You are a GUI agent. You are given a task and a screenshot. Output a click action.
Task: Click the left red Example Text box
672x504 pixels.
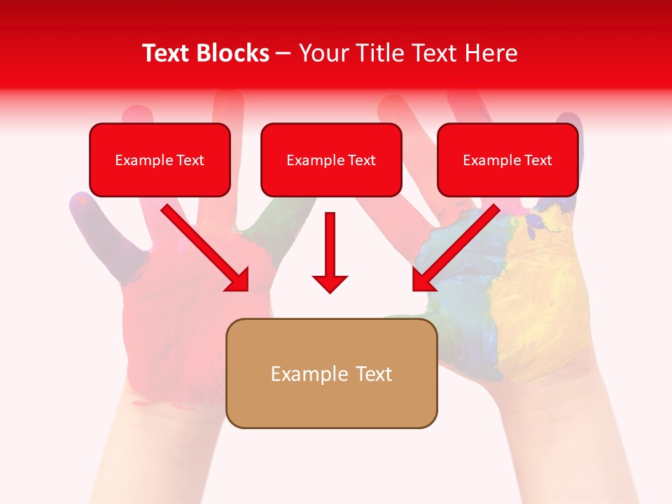pos(160,160)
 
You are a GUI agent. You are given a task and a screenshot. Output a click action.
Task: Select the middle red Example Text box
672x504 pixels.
pos(331,160)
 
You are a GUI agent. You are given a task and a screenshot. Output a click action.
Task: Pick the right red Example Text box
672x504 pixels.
pos(507,160)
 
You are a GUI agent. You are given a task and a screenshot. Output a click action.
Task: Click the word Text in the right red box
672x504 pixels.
pos(538,160)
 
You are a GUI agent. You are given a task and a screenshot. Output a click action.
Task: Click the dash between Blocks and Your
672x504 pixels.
pos(283,53)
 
